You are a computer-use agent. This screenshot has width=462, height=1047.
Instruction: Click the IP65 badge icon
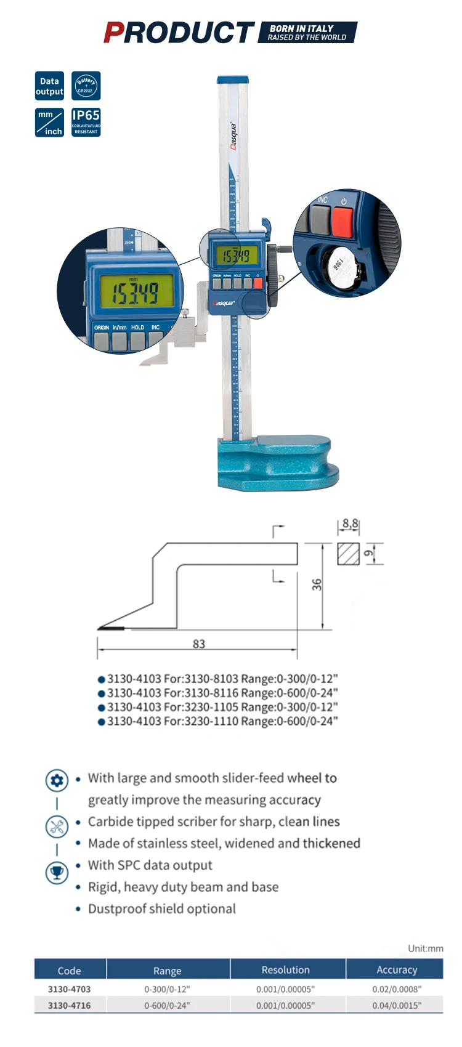tap(86, 122)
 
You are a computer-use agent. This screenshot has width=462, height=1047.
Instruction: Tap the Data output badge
tap(49, 86)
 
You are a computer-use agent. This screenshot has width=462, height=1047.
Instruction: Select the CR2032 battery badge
tap(86, 86)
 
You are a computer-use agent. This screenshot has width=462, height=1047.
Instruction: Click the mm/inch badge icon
tap(49, 122)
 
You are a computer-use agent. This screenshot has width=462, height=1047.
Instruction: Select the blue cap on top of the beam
tap(233, 80)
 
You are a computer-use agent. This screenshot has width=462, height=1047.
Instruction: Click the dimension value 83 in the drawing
tap(198, 644)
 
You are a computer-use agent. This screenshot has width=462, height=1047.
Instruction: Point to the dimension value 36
tap(317, 584)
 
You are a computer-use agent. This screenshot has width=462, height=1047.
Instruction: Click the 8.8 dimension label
tap(350, 523)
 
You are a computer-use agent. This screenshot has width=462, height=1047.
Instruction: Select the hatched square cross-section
tap(348, 554)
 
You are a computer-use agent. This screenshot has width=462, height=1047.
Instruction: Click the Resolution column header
tap(285, 969)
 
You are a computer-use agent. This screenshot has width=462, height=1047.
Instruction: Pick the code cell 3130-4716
tap(69, 1005)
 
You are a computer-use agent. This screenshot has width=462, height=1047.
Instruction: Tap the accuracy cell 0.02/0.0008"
tap(396, 989)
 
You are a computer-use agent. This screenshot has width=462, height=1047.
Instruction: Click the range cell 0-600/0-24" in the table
tap(167, 1005)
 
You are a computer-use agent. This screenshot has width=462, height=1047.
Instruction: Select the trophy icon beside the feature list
tap(57, 872)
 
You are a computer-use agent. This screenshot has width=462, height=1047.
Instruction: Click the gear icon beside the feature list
tap(57, 780)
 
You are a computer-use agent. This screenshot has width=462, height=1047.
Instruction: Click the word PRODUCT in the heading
tap(179, 33)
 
